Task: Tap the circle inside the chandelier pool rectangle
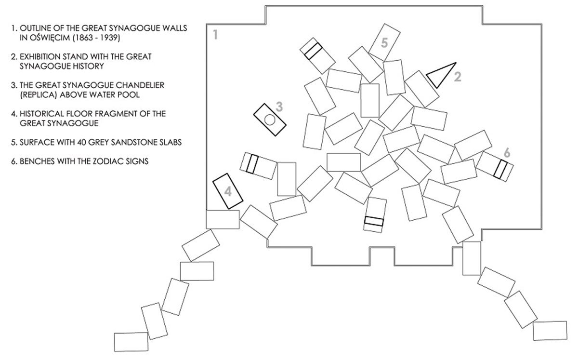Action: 270,120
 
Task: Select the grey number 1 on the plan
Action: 215,35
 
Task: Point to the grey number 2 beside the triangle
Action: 458,77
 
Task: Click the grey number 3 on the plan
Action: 279,107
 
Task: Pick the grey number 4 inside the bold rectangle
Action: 228,192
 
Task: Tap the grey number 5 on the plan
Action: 384,43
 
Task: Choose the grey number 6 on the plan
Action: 507,153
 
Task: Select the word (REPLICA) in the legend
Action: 38,95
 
